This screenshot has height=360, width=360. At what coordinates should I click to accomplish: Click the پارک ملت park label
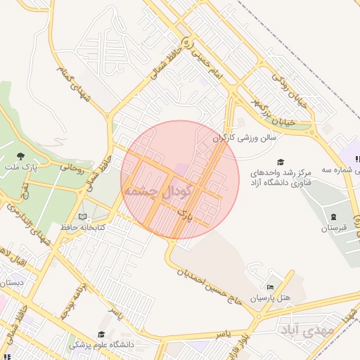coord(22,167)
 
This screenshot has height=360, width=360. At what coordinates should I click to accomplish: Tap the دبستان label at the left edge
coord(12,283)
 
